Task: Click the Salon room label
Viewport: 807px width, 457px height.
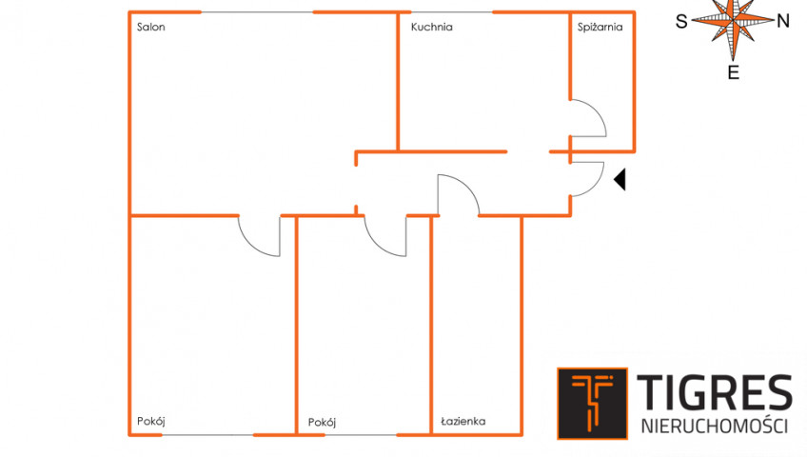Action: coord(150,27)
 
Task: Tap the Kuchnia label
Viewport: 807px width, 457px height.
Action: coord(431,27)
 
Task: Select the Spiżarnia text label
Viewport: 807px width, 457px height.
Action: coord(600,28)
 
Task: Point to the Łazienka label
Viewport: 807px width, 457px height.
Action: coord(463,421)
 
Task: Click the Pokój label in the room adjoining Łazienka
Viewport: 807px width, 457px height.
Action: coord(322,423)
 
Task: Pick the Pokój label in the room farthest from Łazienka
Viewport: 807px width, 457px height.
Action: coord(150,422)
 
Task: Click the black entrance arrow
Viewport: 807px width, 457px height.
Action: coord(620,180)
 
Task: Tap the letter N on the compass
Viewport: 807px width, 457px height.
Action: coord(783,21)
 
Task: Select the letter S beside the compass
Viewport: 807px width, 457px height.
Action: coord(681,22)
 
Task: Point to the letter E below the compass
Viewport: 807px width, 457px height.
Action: coord(734,73)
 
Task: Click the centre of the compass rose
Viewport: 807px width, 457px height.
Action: coord(733,20)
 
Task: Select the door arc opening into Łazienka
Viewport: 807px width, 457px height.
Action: coord(467,184)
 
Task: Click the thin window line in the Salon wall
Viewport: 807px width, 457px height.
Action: coord(257,11)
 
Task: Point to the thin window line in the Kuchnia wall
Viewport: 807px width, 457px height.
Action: coord(452,11)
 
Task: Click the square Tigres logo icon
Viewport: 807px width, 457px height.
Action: coord(592,404)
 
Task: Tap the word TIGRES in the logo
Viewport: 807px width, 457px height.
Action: coord(715,392)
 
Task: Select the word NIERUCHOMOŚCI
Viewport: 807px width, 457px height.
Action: coord(715,427)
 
